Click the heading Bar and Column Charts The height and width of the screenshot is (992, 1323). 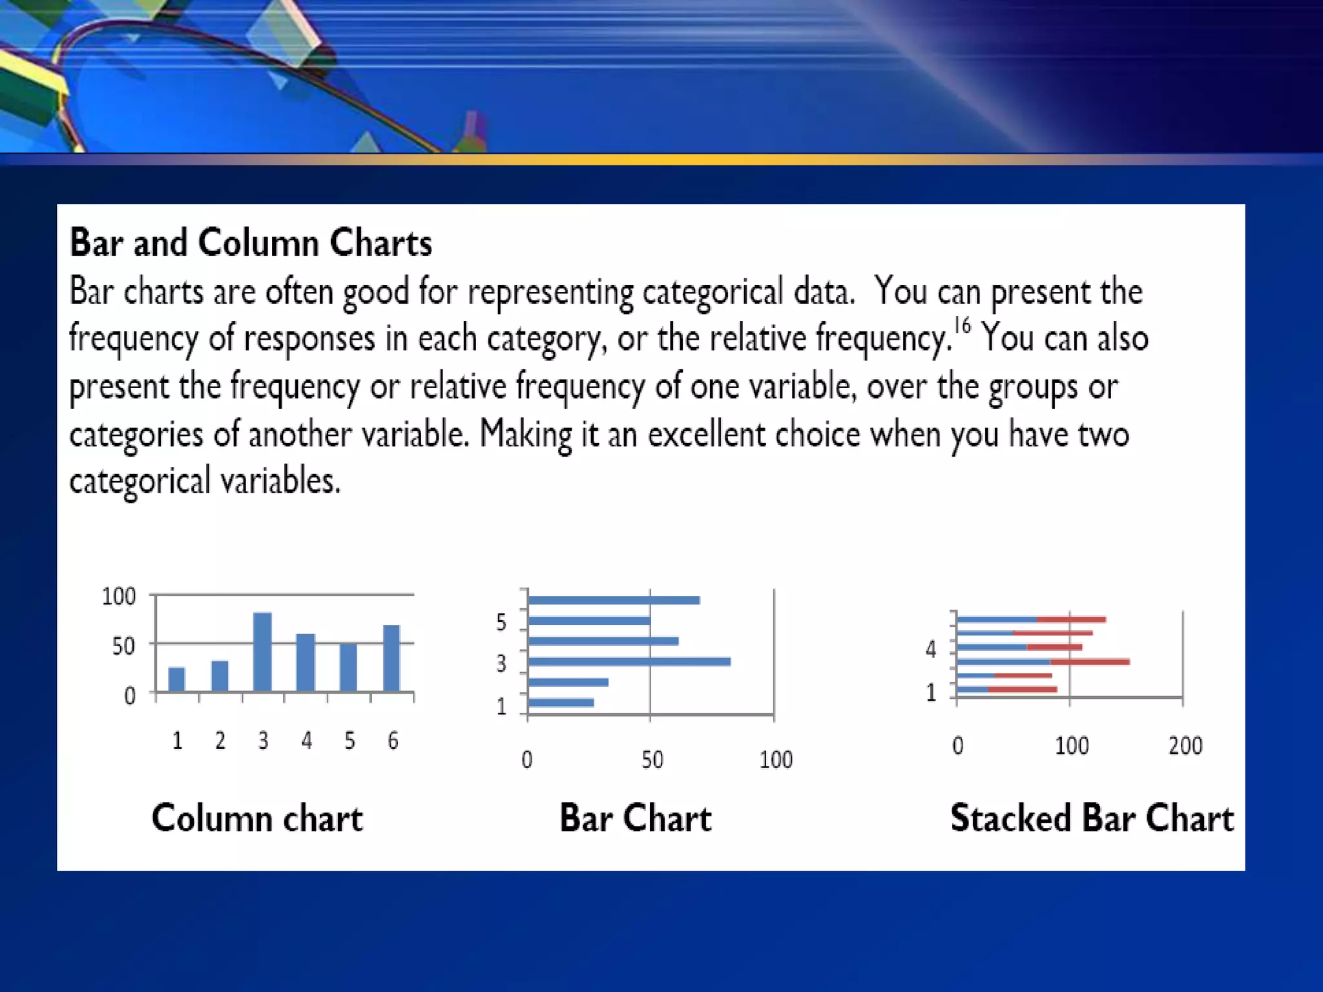pos(251,243)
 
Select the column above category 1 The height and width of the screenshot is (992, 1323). pos(176,679)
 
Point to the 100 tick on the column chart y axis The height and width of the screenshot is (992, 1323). pos(119,595)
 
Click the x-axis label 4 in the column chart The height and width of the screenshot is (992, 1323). pos(306,740)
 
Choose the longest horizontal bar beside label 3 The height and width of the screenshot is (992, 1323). pos(629,661)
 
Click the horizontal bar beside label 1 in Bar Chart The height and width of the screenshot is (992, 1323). pos(561,703)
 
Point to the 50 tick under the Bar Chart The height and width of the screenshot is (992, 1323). pos(652,759)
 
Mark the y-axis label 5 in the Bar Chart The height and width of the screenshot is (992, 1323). pos(501,622)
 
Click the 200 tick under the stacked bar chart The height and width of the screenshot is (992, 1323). pos(1185,746)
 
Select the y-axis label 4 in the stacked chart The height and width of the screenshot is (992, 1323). pos(930,649)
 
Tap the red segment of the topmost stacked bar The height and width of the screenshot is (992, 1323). pos(1071,619)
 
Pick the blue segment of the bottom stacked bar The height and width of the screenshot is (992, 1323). pos(972,690)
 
